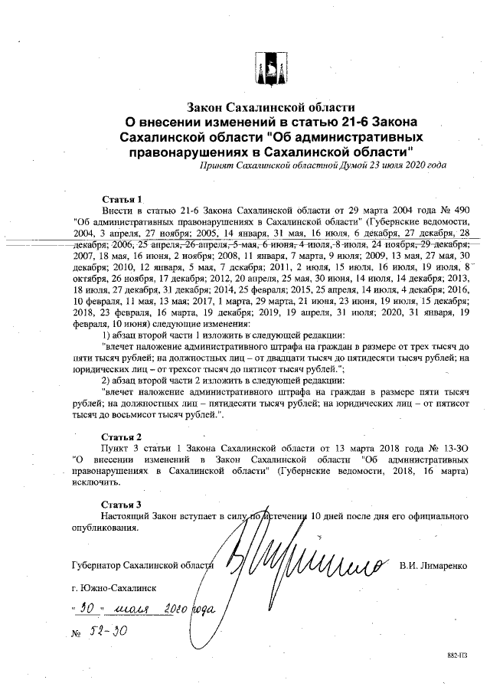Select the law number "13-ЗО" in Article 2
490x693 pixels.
[x=459, y=446]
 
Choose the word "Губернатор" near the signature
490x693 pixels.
[x=95, y=566]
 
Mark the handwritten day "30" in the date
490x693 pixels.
[x=84, y=610]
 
